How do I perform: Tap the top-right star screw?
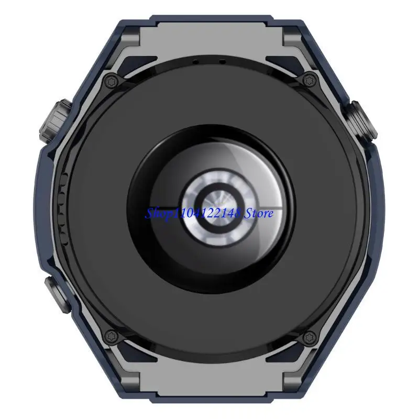pos(310,80)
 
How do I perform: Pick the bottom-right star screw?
pos(310,337)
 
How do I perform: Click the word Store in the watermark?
pos(258,213)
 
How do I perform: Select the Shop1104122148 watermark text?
pos(193,214)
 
